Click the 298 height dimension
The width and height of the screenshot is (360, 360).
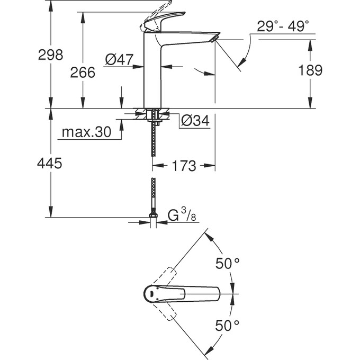[x=50, y=54]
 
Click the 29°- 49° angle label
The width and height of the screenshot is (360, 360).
[x=283, y=26]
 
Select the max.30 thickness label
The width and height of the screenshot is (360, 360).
[x=86, y=132]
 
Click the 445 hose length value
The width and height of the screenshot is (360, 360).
[x=50, y=164]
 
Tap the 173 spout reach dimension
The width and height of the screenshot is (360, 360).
[x=183, y=166]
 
